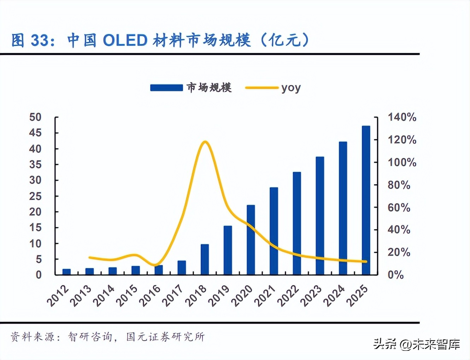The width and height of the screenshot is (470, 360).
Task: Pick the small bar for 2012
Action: coord(66,272)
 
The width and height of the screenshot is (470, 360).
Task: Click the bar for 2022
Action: coord(297,223)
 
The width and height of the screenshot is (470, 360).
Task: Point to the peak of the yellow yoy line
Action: coord(205,142)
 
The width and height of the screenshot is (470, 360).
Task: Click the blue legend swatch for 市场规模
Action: coord(166,87)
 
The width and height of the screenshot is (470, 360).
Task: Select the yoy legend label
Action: coord(291,88)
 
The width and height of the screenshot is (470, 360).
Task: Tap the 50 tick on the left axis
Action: coord(35,117)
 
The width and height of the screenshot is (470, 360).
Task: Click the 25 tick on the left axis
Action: coord(35,196)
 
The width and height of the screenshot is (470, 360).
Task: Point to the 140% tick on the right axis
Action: coord(402,117)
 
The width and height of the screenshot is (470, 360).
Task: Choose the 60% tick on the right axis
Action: coord(399,207)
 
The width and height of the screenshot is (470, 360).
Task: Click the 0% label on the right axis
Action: coord(395,275)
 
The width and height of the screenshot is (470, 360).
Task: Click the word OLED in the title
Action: coord(125,40)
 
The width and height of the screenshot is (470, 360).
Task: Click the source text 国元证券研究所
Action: coord(165,337)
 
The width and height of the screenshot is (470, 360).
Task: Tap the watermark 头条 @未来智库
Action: coord(417,344)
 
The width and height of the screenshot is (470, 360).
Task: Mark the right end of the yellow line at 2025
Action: coord(366,262)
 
